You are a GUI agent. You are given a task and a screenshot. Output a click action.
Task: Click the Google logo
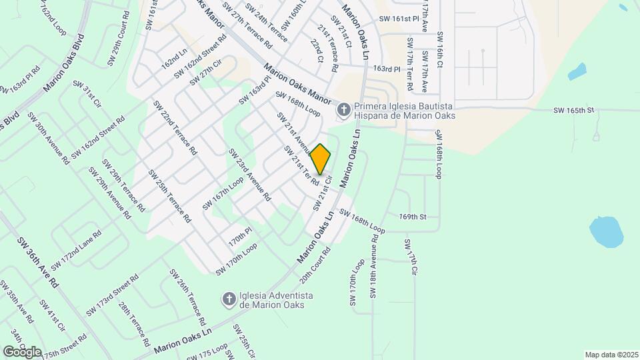tap(22, 351)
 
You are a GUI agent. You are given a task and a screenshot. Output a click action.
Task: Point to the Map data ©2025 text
tap(611, 354)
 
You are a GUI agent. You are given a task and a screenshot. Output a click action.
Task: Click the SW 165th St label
tap(573, 110)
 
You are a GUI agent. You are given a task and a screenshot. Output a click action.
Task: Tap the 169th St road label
tap(413, 217)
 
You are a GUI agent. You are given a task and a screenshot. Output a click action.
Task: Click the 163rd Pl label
tap(387, 69)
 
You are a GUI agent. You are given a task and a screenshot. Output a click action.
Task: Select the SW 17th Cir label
tap(409, 259)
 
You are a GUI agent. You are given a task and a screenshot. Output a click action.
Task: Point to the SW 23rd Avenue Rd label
tap(249, 175)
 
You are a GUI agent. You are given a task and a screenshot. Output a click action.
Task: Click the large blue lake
tap(606, 231)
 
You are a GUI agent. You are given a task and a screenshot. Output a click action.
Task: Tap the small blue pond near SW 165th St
tap(577, 71)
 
